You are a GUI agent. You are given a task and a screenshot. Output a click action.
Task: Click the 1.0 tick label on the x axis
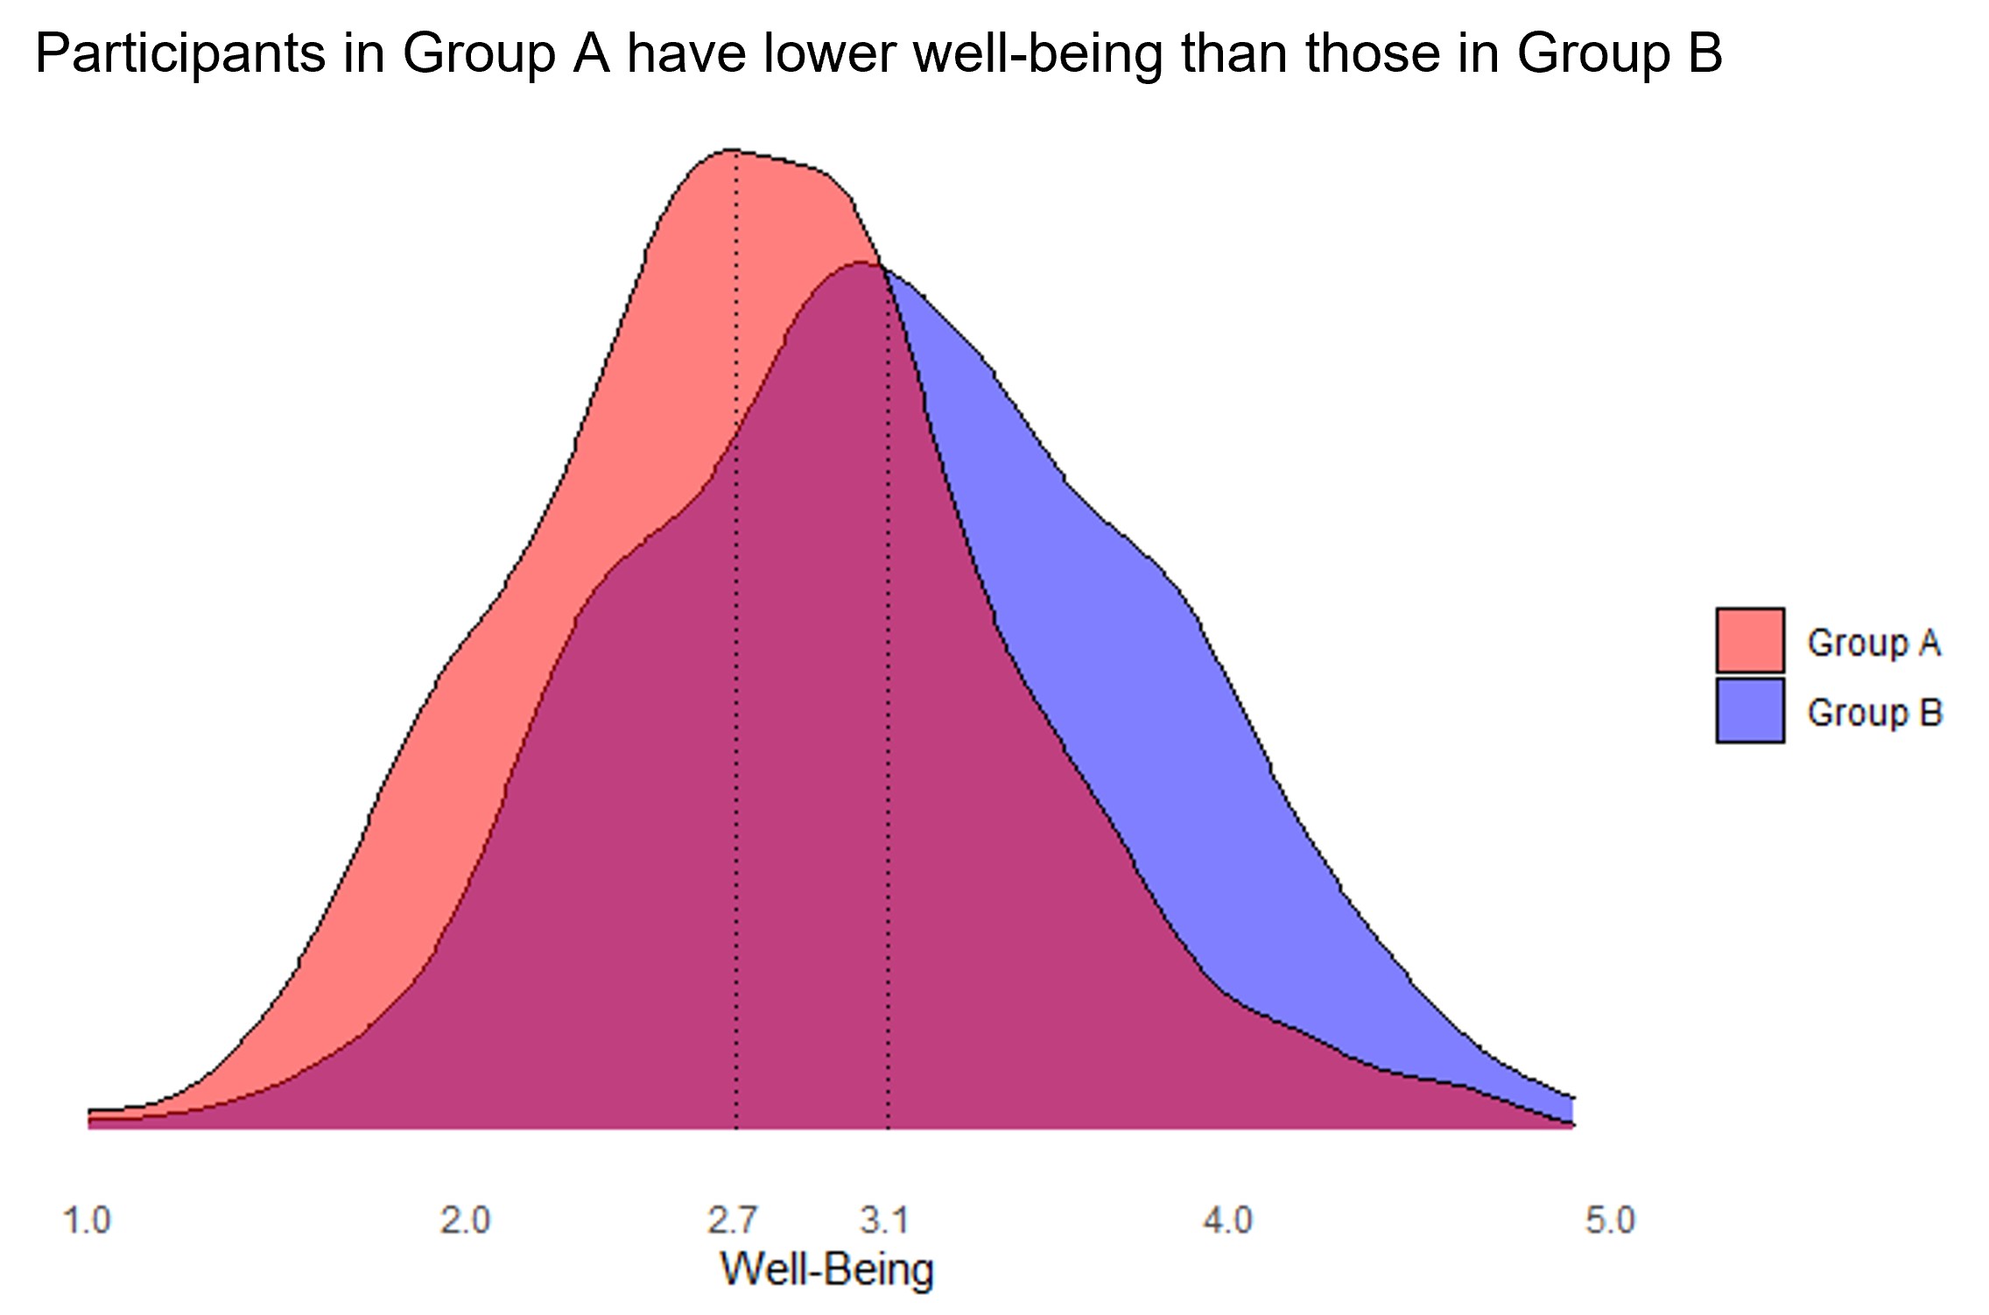click(x=87, y=1220)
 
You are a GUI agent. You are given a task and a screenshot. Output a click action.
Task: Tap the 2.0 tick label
click(x=465, y=1220)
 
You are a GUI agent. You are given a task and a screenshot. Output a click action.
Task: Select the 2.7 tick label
click(x=732, y=1220)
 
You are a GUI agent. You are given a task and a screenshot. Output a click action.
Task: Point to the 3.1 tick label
click(x=884, y=1220)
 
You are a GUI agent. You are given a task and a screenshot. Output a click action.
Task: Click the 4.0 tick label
click(x=1227, y=1220)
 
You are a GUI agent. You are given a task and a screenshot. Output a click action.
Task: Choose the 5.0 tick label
click(x=1609, y=1220)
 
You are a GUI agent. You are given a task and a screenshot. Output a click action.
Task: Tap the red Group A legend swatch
click(x=1749, y=641)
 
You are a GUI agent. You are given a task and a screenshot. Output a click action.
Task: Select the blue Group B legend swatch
click(x=1749, y=711)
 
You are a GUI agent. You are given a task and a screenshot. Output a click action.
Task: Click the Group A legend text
click(x=1873, y=643)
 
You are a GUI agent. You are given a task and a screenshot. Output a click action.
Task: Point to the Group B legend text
click(x=1874, y=713)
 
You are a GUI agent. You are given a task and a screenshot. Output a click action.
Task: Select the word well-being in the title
click(x=1037, y=54)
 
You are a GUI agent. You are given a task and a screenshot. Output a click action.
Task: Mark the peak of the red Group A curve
click(x=734, y=151)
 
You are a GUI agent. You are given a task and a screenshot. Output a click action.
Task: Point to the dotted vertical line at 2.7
click(x=736, y=700)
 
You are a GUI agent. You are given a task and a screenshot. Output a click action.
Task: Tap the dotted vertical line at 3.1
click(x=889, y=700)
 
